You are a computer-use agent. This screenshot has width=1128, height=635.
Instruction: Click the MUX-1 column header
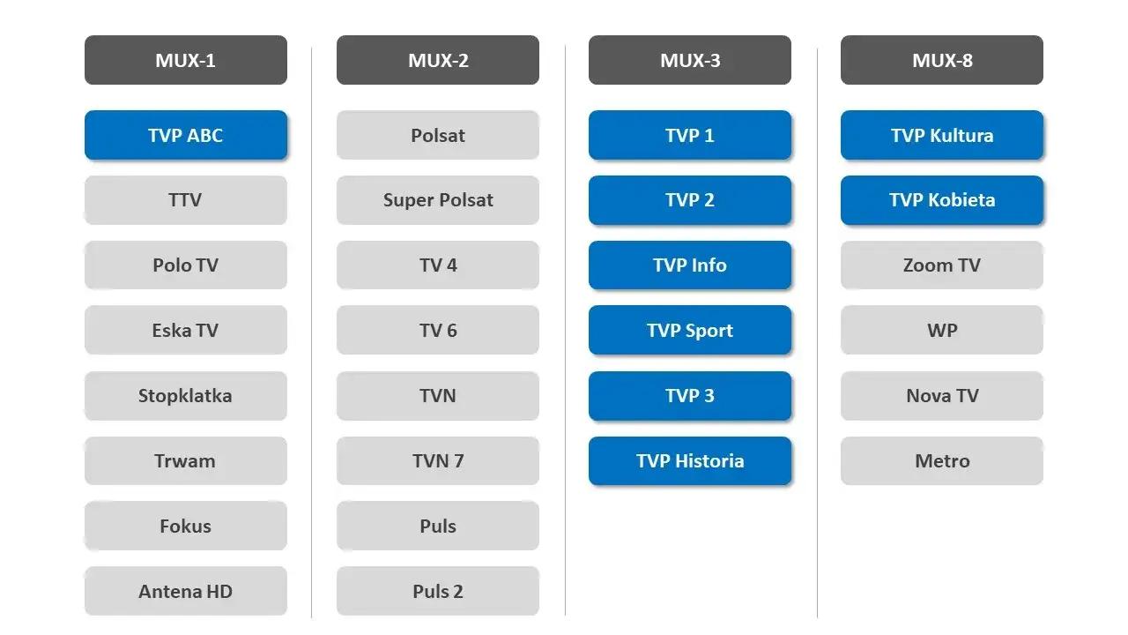[x=185, y=60]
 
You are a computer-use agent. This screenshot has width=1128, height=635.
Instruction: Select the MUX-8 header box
[x=941, y=60]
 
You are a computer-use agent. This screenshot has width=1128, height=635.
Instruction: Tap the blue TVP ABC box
[x=185, y=135]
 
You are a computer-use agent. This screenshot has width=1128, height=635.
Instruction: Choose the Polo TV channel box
[x=185, y=265]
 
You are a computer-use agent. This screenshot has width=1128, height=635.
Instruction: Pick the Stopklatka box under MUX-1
[x=185, y=395]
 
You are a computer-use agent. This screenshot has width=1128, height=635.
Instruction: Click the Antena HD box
[x=185, y=591]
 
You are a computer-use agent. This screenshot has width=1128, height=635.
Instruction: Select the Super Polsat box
[x=437, y=200]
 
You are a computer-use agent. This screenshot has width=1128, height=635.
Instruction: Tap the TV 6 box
[x=437, y=330]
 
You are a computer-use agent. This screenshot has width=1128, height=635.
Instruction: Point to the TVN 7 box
[x=437, y=460]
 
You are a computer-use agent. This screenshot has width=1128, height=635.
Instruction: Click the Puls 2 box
[x=437, y=591]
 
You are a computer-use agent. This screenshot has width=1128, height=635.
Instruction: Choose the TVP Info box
[x=689, y=265]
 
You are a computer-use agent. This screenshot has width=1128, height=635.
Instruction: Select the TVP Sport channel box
[x=689, y=330]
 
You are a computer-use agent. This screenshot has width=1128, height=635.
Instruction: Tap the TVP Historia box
[x=689, y=460]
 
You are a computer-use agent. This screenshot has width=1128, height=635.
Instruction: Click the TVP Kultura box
[x=941, y=135]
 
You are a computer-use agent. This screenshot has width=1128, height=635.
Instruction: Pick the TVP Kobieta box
[x=941, y=200]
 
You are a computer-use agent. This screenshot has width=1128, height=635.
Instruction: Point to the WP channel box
[x=941, y=330]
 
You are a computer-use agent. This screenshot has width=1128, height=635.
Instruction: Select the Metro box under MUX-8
[x=941, y=460]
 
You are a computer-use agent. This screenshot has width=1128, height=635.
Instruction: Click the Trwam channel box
[x=185, y=460]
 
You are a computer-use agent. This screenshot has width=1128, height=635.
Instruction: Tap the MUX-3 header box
[x=689, y=60]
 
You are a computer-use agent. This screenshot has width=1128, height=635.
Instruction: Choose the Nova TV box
[x=941, y=395]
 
